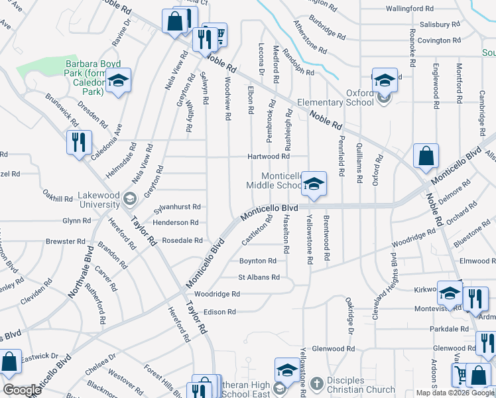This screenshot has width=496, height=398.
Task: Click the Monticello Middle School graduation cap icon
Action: point(314,184)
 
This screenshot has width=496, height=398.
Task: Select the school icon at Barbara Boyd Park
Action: point(118,82)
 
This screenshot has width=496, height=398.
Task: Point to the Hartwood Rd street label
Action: point(269,157)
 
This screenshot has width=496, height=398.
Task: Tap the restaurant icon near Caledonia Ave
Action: point(78,141)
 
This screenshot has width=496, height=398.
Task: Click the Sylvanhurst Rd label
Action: point(177,208)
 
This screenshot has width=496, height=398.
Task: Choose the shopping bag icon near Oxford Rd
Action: point(426,157)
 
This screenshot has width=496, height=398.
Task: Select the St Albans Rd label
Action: point(257,277)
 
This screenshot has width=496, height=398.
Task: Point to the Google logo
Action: point(22,390)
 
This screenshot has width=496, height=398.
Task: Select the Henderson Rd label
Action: point(176,223)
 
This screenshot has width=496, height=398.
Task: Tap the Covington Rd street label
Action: point(438,40)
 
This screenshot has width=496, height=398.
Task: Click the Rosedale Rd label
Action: point(182,240)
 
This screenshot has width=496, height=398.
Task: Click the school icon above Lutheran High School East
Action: point(288,369)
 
